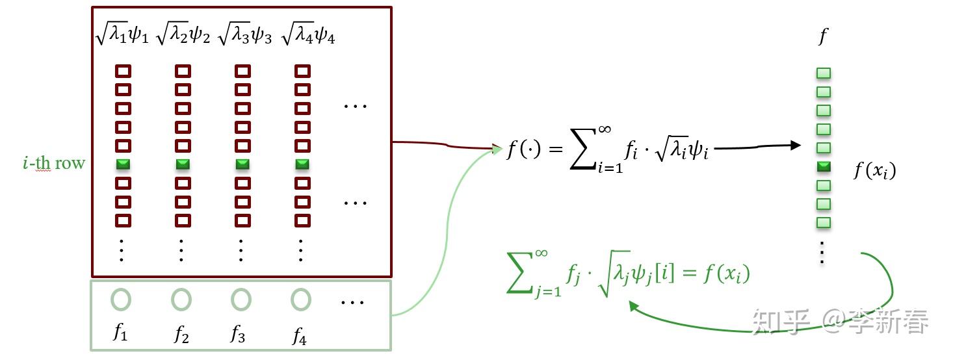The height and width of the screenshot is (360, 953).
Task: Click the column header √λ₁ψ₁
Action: pyautogui.click(x=122, y=34)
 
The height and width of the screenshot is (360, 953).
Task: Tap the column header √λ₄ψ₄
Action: pyautogui.click(x=308, y=34)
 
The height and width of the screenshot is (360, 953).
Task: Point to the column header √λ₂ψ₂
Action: pyautogui.click(x=183, y=34)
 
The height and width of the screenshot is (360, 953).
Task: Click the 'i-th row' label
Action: pyautogui.click(x=53, y=162)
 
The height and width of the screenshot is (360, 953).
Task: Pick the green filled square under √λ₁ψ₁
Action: pyautogui.click(x=123, y=164)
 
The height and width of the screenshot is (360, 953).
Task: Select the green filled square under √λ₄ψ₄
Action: pyautogui.click(x=302, y=164)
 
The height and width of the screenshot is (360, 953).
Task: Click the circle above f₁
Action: pyautogui.click(x=121, y=300)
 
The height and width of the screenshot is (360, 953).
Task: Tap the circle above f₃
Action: pyautogui.click(x=241, y=300)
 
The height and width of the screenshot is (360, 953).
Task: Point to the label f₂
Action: pyautogui.click(x=181, y=335)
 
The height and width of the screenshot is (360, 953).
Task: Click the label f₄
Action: pyautogui.click(x=299, y=335)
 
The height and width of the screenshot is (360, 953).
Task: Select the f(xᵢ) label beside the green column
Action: pyautogui.click(x=874, y=171)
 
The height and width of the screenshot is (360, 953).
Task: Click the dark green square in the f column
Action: pyautogui.click(x=824, y=167)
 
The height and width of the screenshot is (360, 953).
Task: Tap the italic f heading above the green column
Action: pyautogui.click(x=823, y=36)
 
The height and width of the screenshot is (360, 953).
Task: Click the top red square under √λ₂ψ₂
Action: pyautogui.click(x=183, y=71)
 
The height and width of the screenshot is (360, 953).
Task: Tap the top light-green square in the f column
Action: pyautogui.click(x=824, y=73)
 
